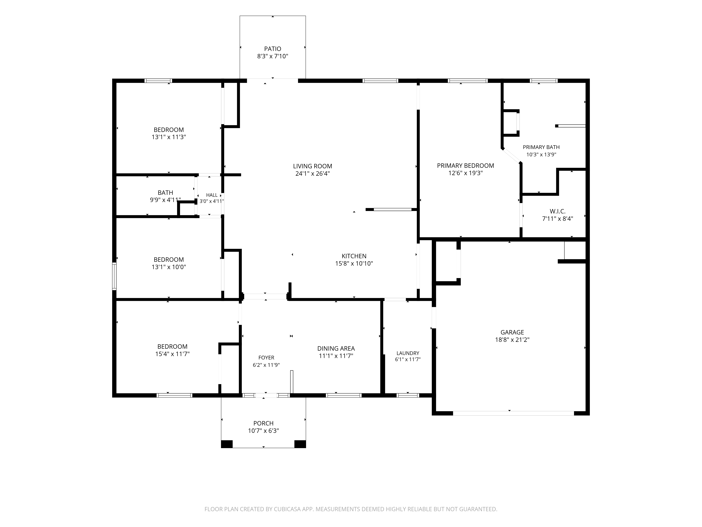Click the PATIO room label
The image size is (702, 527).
click(273, 49)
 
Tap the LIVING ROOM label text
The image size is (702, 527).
click(313, 166)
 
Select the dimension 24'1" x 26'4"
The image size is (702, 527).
click(313, 173)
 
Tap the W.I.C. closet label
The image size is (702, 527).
click(558, 211)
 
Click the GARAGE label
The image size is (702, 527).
click(512, 332)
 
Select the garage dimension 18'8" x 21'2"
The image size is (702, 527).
click(512, 340)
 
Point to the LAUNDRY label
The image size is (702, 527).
click(408, 353)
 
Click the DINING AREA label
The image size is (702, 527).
click(336, 349)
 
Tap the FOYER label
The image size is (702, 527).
click(266, 358)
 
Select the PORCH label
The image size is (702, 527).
click(263, 423)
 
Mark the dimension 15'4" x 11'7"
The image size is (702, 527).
click(172, 354)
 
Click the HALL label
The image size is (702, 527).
click(212, 195)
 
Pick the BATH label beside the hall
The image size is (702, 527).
click(165, 193)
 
